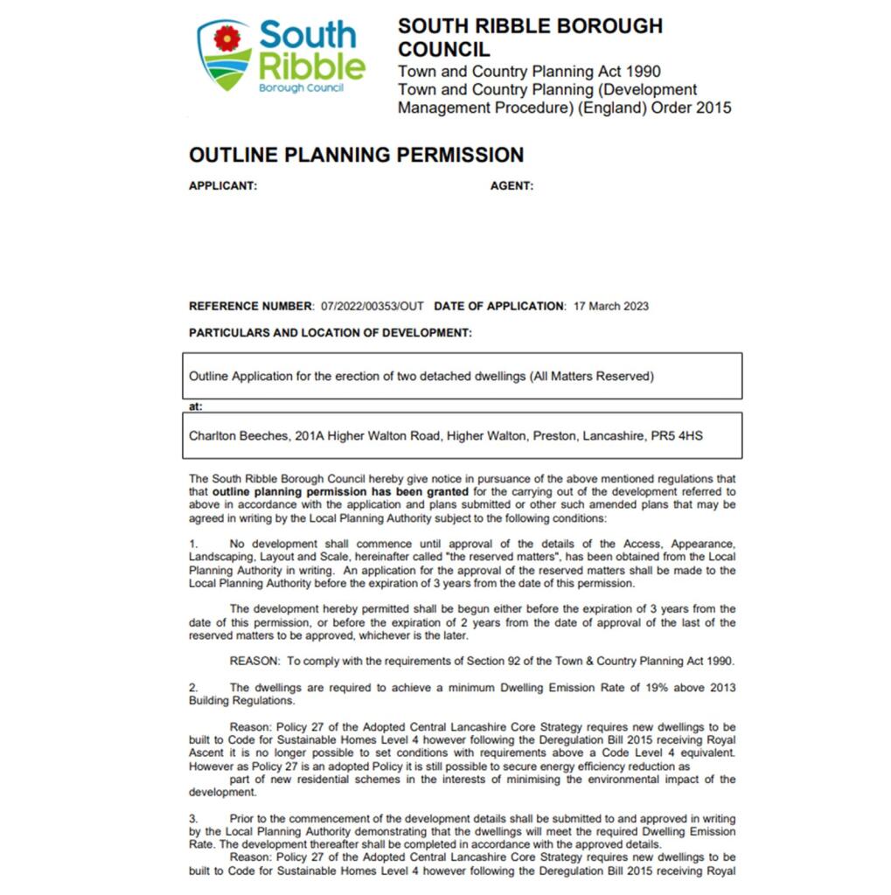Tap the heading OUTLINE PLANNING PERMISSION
(x=356, y=156)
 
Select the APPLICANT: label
(x=223, y=186)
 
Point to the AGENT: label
(x=512, y=186)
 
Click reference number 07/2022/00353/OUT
(x=372, y=307)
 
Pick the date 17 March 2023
(x=610, y=307)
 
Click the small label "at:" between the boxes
(x=195, y=406)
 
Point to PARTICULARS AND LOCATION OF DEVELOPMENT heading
(x=330, y=333)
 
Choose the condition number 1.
(x=193, y=544)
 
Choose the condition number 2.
(x=193, y=688)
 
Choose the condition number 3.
(x=193, y=819)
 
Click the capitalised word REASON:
(x=254, y=661)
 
